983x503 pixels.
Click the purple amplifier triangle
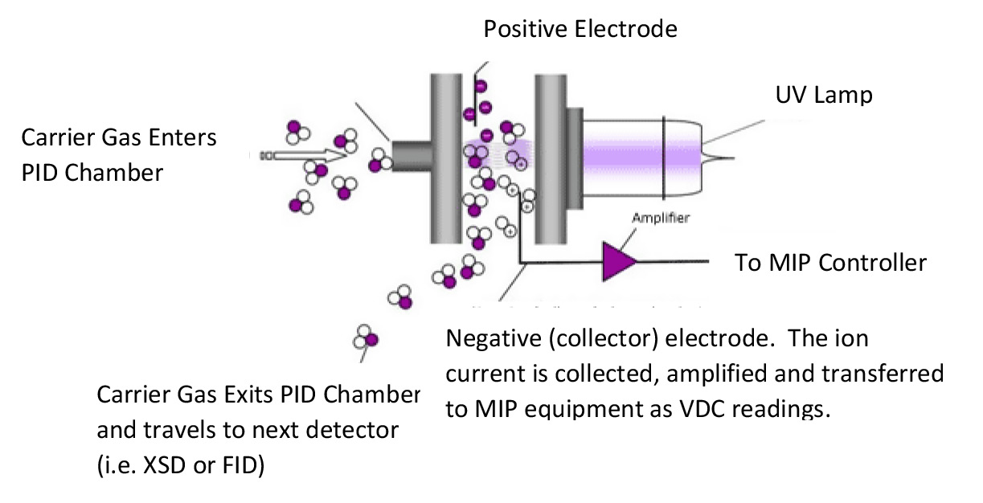click(x=620, y=262)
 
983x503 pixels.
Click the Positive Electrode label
click(x=580, y=30)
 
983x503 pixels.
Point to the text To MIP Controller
click(x=831, y=263)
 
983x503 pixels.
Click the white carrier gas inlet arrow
click(x=297, y=154)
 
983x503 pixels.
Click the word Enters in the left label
click(x=180, y=138)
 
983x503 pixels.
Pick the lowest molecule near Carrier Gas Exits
click(x=366, y=336)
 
